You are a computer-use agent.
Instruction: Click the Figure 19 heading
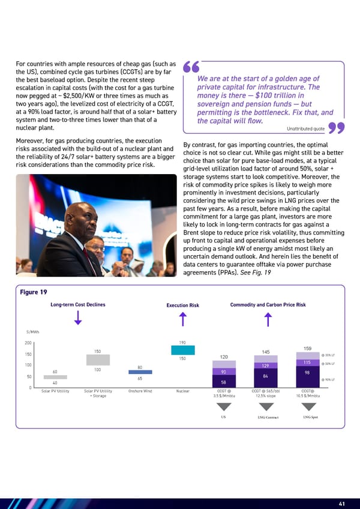[34, 292]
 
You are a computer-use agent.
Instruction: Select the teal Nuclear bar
[183, 350]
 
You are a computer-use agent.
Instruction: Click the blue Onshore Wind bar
[140, 372]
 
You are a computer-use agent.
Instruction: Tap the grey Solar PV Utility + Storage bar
[98, 360]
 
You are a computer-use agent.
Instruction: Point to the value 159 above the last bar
[307, 349]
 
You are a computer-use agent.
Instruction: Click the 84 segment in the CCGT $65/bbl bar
[265, 376]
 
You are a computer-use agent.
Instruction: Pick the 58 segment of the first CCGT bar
[223, 382]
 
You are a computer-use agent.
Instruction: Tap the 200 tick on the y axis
[28, 343]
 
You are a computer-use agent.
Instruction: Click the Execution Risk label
[182, 306]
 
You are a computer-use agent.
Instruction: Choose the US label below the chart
[223, 417]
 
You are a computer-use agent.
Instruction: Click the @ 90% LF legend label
[329, 379]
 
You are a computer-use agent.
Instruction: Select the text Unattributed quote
[307, 128]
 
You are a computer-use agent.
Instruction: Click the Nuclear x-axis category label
[183, 391]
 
